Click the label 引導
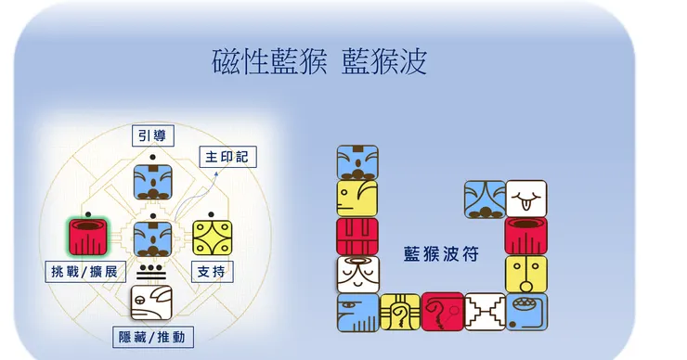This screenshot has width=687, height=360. pyautogui.click(x=153, y=135)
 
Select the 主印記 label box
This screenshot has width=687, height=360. pyautogui.click(x=227, y=157)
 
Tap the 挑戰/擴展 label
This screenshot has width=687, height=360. pyautogui.click(x=85, y=272)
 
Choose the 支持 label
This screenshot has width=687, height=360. pyautogui.click(x=212, y=272)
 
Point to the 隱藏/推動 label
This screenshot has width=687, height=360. pyautogui.click(x=153, y=337)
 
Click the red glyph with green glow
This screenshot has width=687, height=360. pyautogui.click(x=88, y=237)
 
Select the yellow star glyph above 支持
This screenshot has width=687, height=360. pyautogui.click(x=212, y=238)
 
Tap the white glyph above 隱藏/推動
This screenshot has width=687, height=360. pyautogui.click(x=151, y=302)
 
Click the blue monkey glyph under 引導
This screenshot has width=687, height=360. pyautogui.click(x=152, y=182)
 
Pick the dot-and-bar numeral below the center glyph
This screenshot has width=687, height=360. pyautogui.click(x=151, y=272)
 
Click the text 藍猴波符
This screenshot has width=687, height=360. pyautogui.click(x=441, y=254)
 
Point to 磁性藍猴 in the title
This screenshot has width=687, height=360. pyautogui.click(x=269, y=62)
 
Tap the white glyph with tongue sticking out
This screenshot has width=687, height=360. pyautogui.click(x=526, y=199)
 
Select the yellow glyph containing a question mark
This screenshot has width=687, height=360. pyautogui.click(x=399, y=312)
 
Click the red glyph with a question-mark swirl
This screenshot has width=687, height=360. pyautogui.click(x=443, y=312)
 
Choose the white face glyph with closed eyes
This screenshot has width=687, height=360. pyautogui.click(x=358, y=275)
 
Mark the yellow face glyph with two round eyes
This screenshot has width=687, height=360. pyautogui.click(x=526, y=274)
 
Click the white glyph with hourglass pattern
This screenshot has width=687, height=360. pyautogui.click(x=485, y=312)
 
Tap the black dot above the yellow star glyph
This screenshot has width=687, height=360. pyautogui.click(x=211, y=214)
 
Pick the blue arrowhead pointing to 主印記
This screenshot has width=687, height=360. pyautogui.click(x=216, y=174)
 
